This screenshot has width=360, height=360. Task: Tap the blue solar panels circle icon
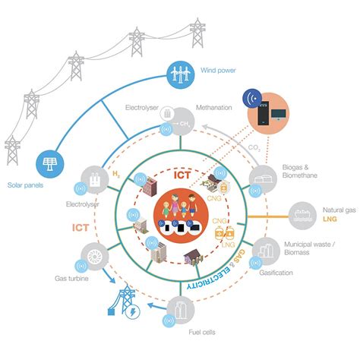(x=53, y=164)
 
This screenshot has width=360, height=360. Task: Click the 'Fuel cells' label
(x=196, y=333)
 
